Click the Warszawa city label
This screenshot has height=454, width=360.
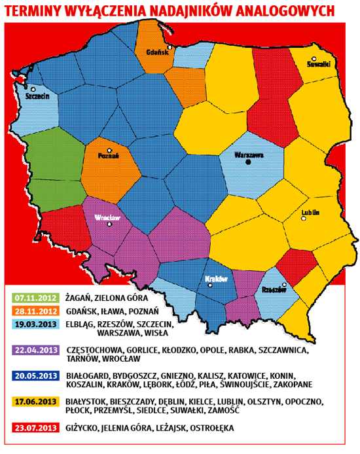(249, 155)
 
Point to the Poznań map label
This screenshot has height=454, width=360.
(107, 156)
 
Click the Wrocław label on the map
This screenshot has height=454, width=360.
(105, 217)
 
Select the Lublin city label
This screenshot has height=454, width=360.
(310, 212)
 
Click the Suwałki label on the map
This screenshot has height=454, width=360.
(319, 64)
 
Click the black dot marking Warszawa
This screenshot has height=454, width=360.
(248, 163)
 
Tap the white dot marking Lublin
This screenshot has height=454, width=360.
(304, 219)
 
